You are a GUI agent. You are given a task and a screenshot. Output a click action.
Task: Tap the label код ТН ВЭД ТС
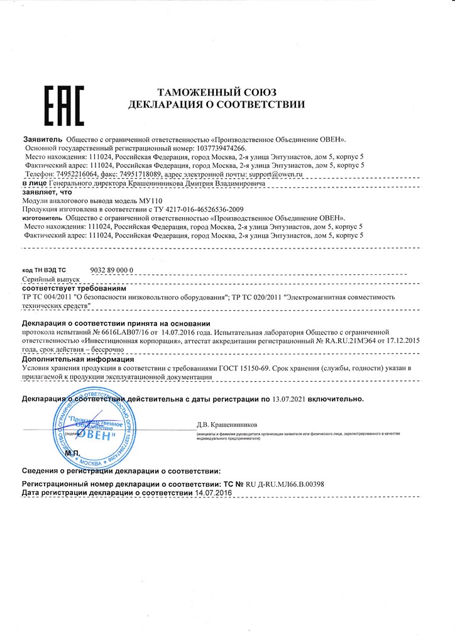[x=44, y=269]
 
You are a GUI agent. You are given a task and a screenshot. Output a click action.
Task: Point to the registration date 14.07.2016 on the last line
[x=214, y=493]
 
